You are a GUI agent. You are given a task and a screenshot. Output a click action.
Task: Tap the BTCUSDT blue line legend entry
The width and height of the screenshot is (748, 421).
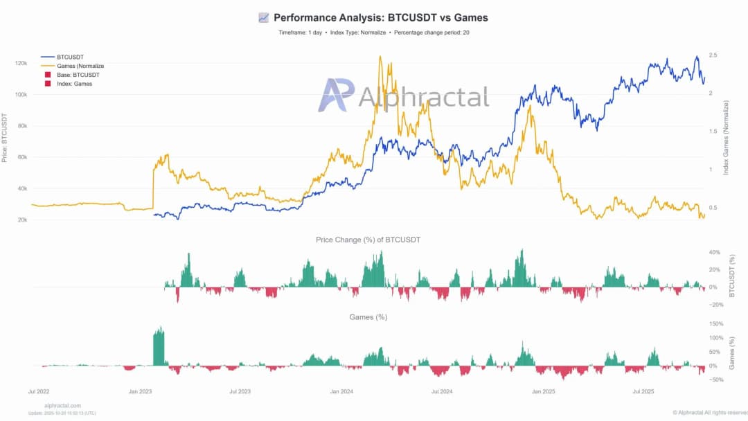[69, 57]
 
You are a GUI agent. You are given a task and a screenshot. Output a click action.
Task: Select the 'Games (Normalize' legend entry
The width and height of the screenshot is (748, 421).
[80, 66]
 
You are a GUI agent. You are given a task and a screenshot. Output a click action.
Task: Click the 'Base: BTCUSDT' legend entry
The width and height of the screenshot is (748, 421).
[78, 75]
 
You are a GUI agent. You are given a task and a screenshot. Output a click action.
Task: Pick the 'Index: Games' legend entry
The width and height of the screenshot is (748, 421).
[74, 84]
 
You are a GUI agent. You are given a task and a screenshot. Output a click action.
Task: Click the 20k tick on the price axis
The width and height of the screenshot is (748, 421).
[21, 220]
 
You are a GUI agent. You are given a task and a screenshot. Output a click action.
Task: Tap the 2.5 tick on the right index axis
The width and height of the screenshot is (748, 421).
[713, 55]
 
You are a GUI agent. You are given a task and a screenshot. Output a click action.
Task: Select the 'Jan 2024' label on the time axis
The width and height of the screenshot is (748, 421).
[341, 392]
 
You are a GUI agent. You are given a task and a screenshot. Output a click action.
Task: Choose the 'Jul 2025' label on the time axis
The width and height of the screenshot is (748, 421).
[643, 392]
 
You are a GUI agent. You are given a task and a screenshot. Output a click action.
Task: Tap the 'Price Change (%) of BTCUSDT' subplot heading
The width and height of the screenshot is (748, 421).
[368, 240]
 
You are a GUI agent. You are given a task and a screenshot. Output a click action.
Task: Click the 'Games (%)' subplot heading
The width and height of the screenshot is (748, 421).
[368, 317]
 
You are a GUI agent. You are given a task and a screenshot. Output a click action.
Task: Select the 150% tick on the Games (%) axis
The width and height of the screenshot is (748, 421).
[717, 324]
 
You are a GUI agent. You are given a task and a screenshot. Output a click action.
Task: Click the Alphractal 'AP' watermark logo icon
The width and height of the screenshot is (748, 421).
[336, 95]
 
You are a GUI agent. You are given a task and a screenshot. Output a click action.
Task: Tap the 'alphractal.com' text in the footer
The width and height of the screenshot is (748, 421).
[62, 406]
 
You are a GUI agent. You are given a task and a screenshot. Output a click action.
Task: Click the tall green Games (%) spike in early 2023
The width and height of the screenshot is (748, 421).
[159, 346]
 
